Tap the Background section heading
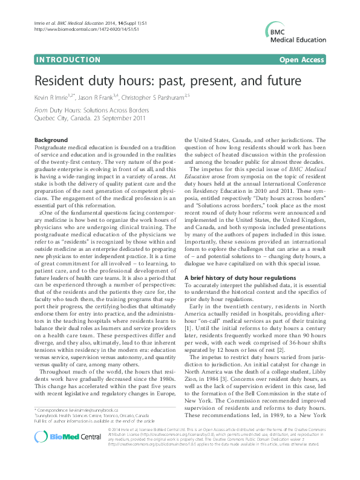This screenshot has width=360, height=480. (51, 140)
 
